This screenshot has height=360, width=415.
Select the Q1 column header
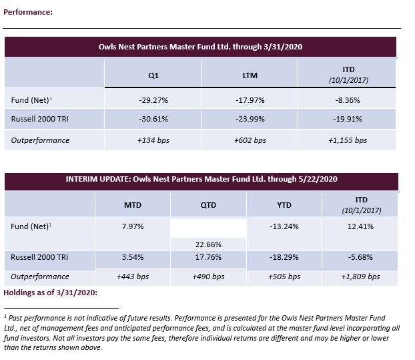click(153, 75)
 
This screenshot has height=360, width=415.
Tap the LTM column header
click(250, 75)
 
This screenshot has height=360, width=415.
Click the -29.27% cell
click(153, 100)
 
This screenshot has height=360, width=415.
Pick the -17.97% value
click(250, 100)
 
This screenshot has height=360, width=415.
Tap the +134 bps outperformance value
click(153, 140)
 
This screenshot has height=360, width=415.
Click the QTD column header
click(208, 206)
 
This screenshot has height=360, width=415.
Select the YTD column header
click(284, 206)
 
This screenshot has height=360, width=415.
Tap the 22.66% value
click(209, 244)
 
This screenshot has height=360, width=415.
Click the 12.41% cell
click(360, 226)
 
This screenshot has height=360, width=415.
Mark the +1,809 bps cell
click(360, 276)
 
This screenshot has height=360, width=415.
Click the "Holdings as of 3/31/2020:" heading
click(51, 293)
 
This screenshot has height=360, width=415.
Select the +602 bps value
click(250, 140)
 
